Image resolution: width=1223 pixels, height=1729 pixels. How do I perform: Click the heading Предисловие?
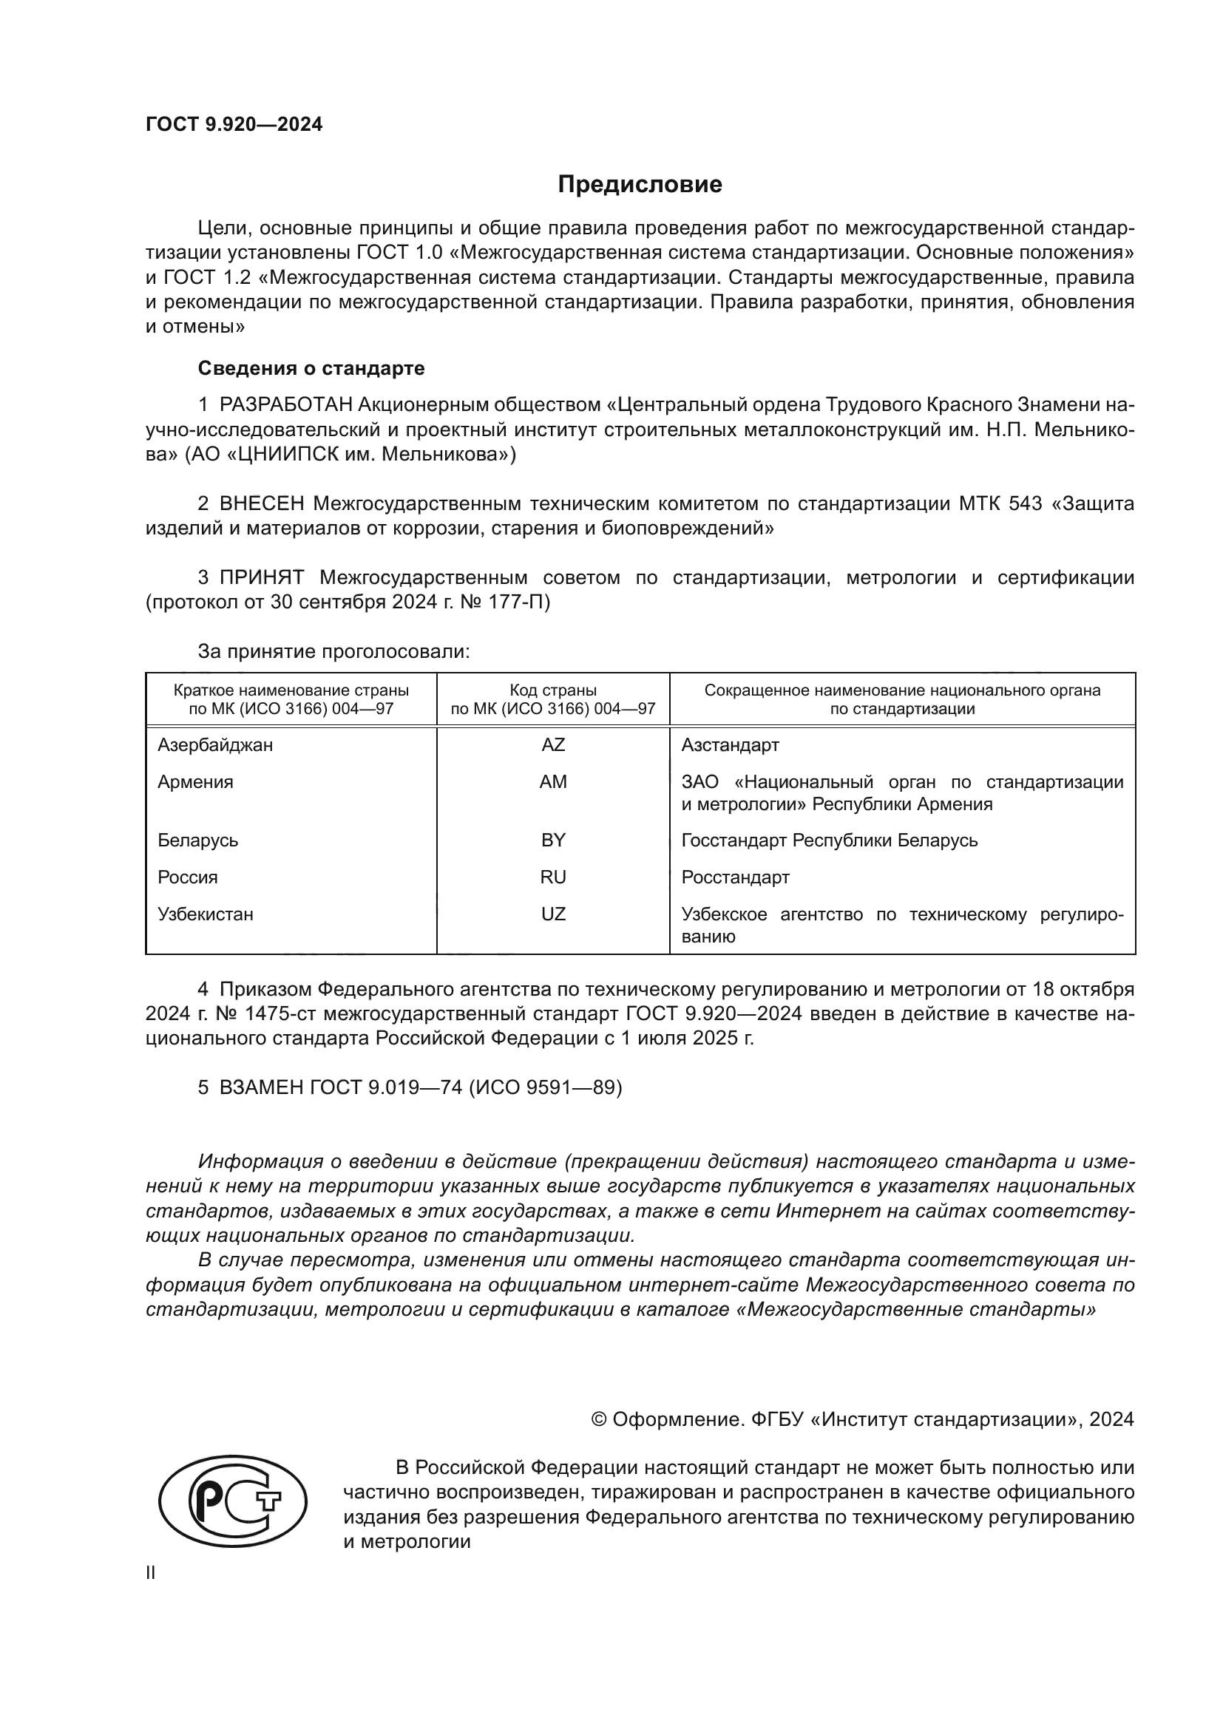[640, 185]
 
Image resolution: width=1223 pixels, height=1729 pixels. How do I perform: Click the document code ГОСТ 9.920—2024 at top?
[234, 125]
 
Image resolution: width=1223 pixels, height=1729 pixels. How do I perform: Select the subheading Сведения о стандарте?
[311, 368]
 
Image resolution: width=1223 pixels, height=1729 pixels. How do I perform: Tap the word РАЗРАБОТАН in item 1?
[285, 405]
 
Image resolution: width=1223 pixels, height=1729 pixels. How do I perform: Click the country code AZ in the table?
[553, 746]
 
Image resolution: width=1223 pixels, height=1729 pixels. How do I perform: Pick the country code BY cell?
[553, 840]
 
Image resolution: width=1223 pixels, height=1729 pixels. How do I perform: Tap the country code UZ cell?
[553, 914]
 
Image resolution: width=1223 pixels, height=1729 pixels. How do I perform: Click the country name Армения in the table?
[195, 782]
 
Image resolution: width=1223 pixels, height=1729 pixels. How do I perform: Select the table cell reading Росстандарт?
[735, 877]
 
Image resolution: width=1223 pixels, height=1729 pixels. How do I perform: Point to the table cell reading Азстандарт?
[730, 746]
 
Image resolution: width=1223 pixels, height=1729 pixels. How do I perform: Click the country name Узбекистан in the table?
[205, 914]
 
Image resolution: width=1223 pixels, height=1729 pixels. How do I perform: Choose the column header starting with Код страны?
[553, 699]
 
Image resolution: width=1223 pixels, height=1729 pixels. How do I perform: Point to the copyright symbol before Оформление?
[599, 1419]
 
